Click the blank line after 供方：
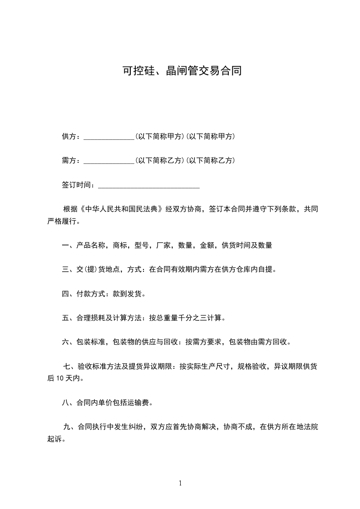[109, 137]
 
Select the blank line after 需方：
[109, 161]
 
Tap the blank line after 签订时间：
[148, 185]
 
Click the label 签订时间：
[79, 185]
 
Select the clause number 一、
[67, 245]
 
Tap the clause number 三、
[67, 269]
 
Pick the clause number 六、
[67, 342]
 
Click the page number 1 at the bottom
[180, 483]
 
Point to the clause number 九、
[69, 427]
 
